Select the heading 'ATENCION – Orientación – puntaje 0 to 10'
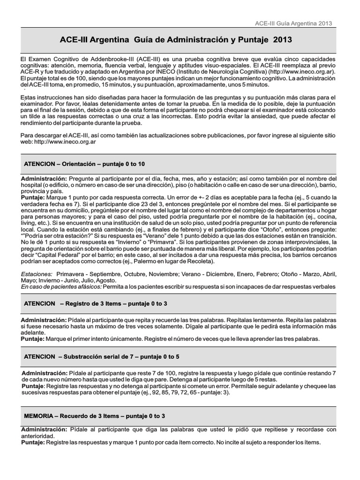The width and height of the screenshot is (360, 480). (84, 164)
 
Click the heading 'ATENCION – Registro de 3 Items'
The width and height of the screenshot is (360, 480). (96, 304)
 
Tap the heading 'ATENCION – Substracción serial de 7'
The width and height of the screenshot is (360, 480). (101, 357)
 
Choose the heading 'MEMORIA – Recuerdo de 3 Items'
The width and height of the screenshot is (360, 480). (94, 416)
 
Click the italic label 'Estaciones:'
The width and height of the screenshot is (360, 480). (37, 274)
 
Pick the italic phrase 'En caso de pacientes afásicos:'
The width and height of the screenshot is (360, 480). (61, 286)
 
